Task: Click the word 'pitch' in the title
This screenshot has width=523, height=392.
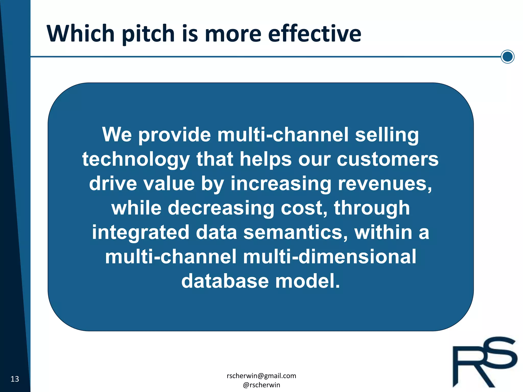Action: click(148, 34)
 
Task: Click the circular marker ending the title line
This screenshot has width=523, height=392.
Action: click(507, 57)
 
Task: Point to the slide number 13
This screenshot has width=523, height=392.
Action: click(15, 379)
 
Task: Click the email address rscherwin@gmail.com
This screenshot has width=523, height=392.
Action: click(261, 376)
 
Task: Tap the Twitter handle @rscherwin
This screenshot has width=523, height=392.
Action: click(261, 385)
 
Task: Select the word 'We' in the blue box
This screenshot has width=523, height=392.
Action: click(117, 134)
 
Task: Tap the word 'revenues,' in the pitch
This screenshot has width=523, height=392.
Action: click(385, 183)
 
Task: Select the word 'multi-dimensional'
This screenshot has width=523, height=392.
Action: click(329, 257)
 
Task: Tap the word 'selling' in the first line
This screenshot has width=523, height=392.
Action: click(387, 135)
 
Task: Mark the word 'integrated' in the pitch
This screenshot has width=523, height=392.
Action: click(140, 233)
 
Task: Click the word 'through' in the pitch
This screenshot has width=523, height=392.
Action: click(372, 208)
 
